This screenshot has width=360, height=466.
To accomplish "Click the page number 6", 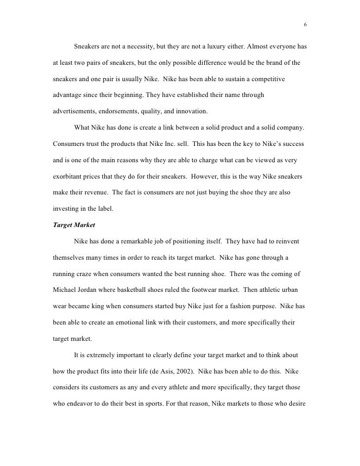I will (305, 25).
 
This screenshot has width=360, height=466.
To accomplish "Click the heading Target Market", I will (72, 225).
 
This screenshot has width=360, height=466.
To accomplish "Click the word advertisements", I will (74, 112).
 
